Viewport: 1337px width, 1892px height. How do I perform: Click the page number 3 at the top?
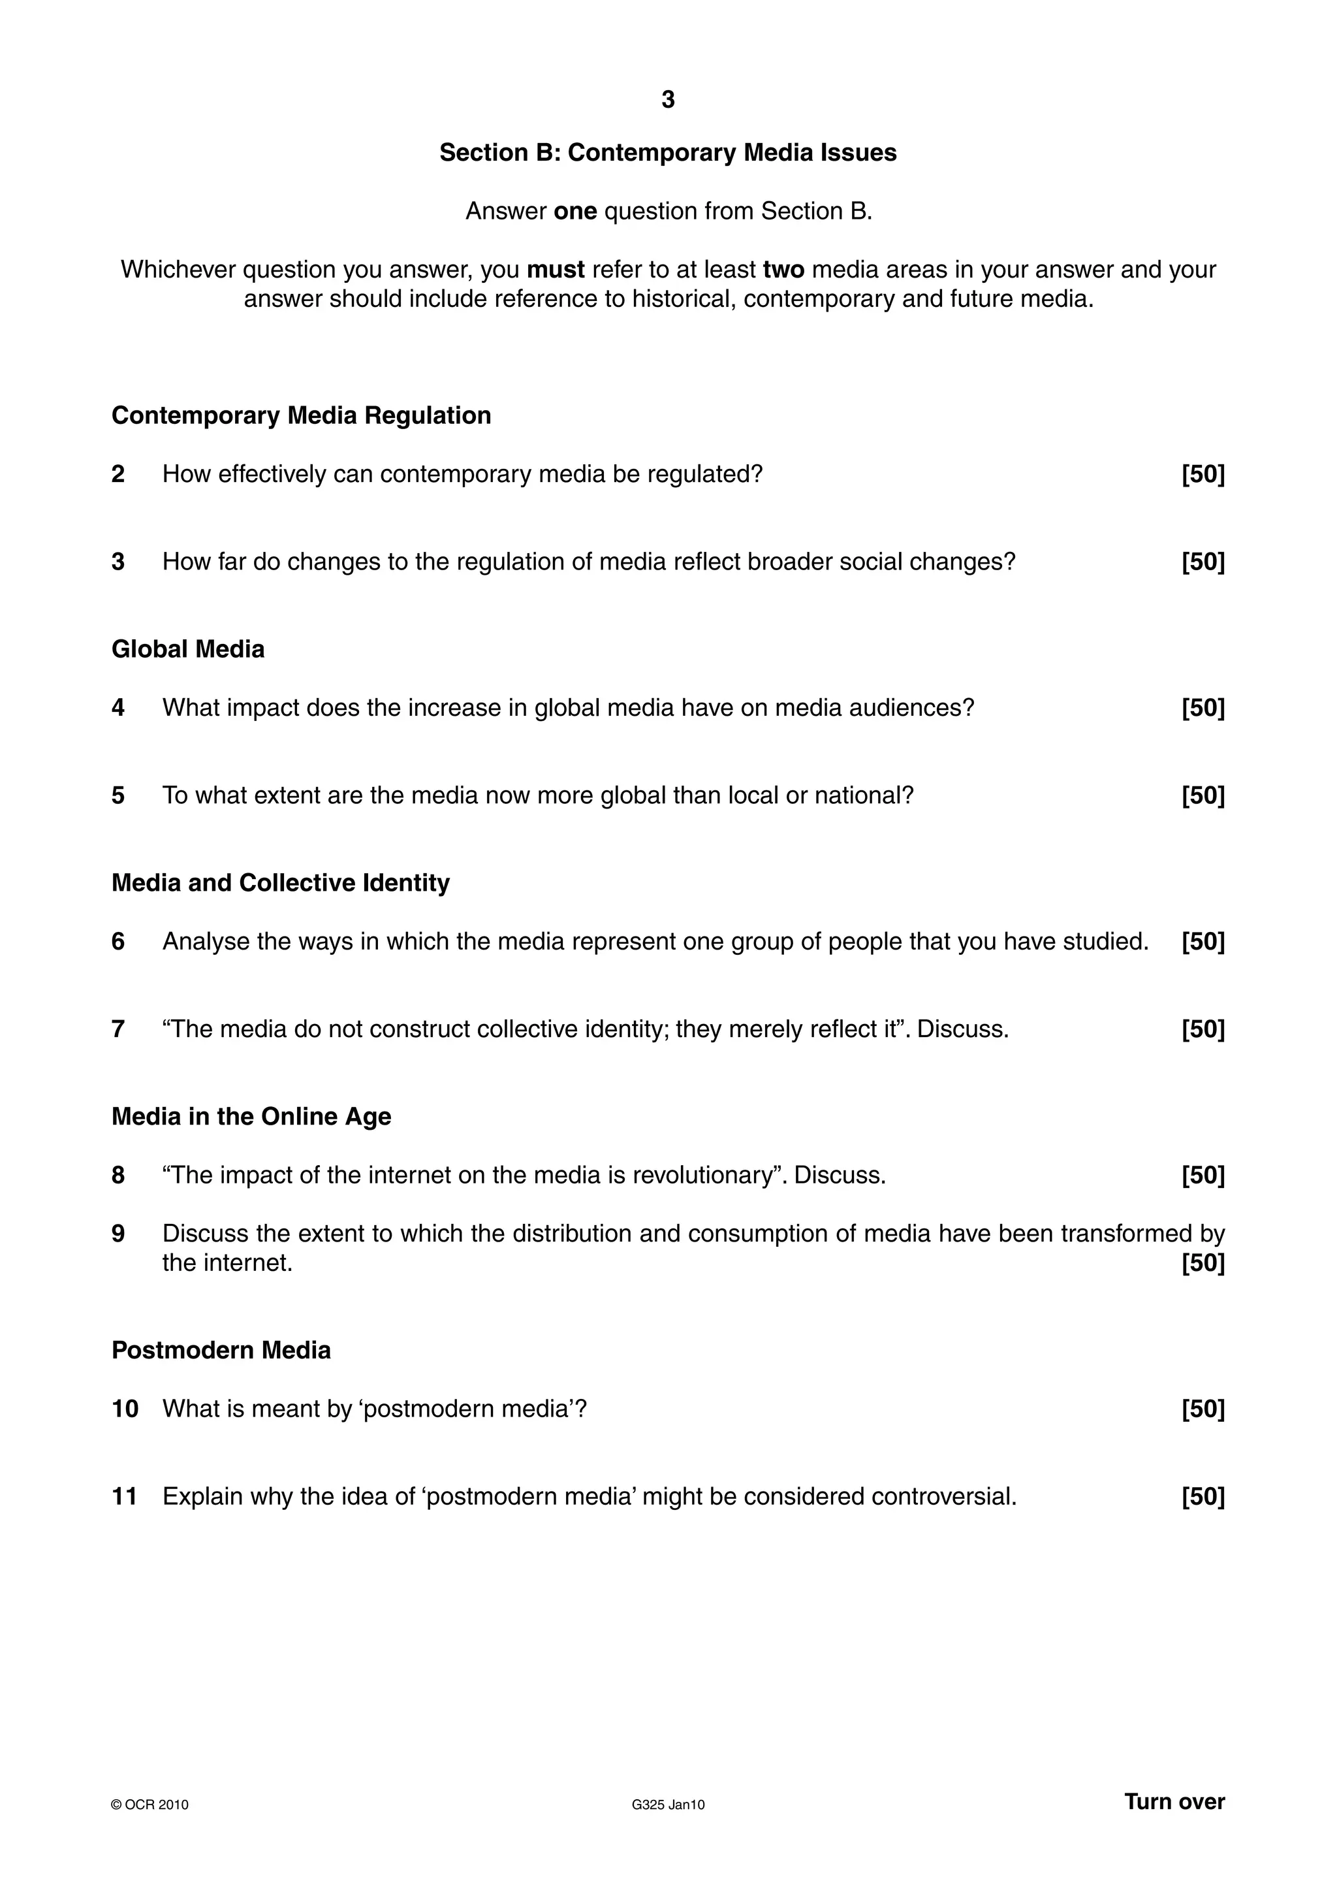(668, 100)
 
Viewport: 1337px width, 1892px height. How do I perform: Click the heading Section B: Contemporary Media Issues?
(668, 152)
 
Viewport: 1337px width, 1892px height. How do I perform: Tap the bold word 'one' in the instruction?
(575, 212)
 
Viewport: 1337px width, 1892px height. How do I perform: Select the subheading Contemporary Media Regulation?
(301, 415)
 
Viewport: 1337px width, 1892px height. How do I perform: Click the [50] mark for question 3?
(1203, 562)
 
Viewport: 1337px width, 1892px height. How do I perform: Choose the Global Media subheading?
(188, 649)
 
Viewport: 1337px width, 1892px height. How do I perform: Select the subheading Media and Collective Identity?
(280, 884)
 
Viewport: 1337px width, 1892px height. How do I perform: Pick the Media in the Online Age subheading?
(251, 1117)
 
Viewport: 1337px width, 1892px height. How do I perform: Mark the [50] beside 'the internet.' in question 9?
(1203, 1263)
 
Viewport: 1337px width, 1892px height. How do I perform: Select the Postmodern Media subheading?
(221, 1351)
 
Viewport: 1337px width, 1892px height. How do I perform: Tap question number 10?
(125, 1409)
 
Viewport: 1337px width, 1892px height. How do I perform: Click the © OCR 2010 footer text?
(150, 1804)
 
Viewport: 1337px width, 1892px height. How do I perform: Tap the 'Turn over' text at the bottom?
(1174, 1802)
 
